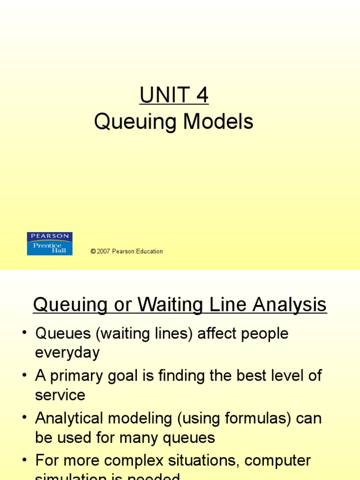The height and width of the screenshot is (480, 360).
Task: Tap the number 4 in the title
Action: coord(202,96)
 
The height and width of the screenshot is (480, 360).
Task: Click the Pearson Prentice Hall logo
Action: coord(50,244)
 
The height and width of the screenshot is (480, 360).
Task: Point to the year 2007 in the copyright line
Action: coord(103,251)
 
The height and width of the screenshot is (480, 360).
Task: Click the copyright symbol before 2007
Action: coord(93,251)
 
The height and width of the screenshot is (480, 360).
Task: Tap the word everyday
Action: coord(67,352)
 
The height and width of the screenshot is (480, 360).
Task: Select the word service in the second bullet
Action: coord(60,395)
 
